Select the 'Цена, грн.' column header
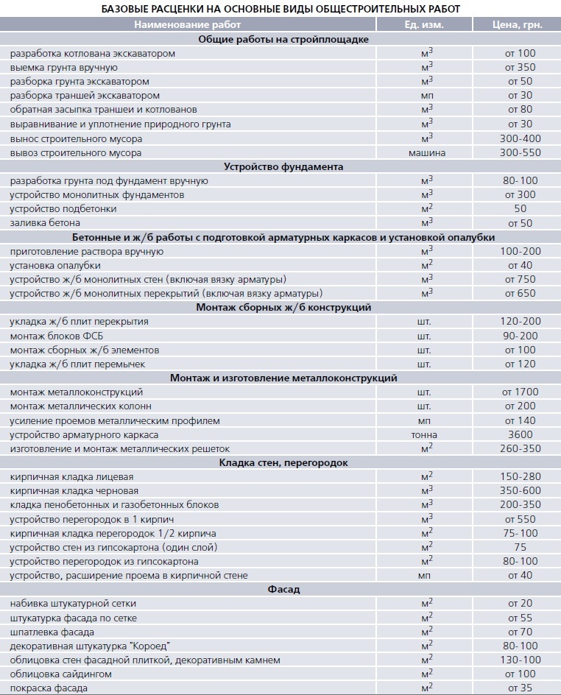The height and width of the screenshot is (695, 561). click(x=518, y=24)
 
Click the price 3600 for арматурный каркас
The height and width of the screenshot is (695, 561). click(x=520, y=434)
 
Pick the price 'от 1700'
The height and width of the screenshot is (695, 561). click(x=520, y=392)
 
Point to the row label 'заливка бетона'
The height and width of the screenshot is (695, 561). click(x=46, y=223)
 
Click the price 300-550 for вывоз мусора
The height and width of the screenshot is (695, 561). click(x=520, y=153)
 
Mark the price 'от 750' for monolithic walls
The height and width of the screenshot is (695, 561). click(x=520, y=280)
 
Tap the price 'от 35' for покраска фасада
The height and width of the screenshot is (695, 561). click(x=520, y=688)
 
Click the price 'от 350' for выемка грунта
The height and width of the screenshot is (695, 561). click(x=520, y=68)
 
